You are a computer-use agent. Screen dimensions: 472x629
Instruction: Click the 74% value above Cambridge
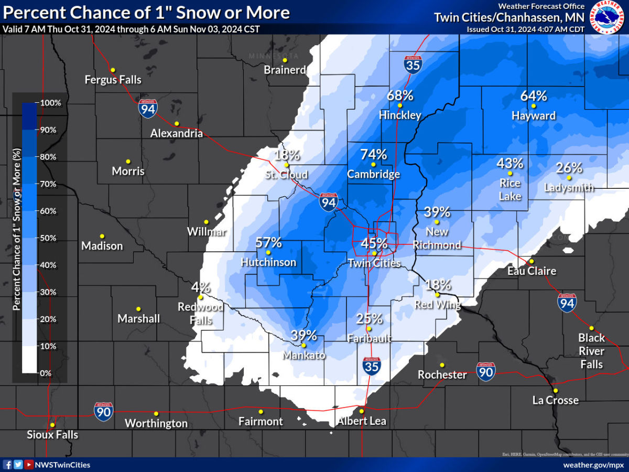pyautogui.click(x=373, y=155)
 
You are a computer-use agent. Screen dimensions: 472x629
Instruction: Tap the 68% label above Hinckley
pyautogui.click(x=400, y=95)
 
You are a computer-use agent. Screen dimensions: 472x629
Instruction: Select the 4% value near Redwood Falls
pyautogui.click(x=201, y=287)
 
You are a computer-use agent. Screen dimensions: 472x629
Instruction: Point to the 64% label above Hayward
pyautogui.click(x=534, y=96)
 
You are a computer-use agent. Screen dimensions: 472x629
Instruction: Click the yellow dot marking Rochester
pyautogui.click(x=442, y=365)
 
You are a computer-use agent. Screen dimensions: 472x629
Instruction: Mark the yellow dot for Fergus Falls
pyautogui.click(x=112, y=70)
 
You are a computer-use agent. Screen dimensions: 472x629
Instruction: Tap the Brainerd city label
pyautogui.click(x=285, y=70)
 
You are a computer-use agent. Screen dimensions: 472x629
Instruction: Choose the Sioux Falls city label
pyautogui.click(x=52, y=435)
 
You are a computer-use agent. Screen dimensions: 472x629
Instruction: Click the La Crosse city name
pyautogui.click(x=555, y=400)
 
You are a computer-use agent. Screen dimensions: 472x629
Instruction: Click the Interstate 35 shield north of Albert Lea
pyautogui.click(x=371, y=365)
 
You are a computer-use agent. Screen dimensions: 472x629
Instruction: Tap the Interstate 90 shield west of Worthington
pyautogui.click(x=103, y=412)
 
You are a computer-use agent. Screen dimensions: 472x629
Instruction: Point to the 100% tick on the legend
pyautogui.click(x=50, y=103)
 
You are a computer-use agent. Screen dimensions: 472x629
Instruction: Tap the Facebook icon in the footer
pyautogui.click(x=7, y=465)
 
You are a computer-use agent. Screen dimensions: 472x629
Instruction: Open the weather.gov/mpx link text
pyautogui.click(x=593, y=465)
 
